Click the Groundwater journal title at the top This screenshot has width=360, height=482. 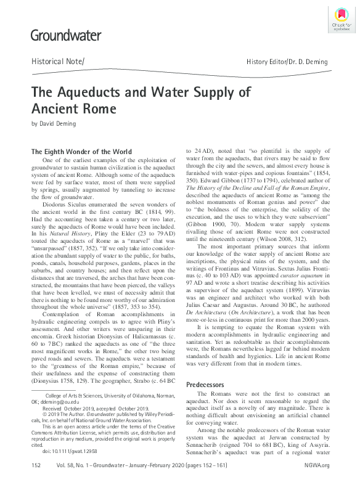(65, 36)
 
